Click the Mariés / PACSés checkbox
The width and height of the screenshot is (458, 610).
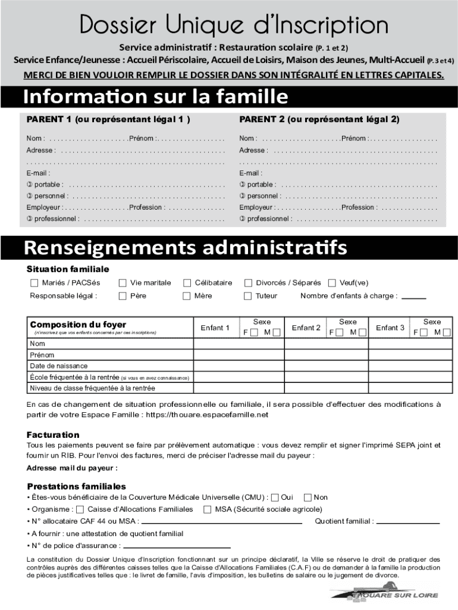tap(34, 283)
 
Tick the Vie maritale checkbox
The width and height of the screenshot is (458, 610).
tap(123, 283)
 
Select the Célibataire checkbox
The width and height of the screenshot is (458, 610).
tap(187, 283)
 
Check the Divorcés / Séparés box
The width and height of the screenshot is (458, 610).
tap(248, 283)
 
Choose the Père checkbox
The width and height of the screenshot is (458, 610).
tap(123, 296)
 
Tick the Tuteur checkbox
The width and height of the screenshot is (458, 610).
tap(248, 296)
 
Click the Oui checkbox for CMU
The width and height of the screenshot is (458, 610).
tap(275, 497)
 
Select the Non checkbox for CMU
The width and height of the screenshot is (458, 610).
tap(308, 497)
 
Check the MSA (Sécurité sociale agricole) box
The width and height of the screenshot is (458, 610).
tap(208, 509)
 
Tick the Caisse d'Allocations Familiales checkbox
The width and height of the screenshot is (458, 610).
tap(80, 509)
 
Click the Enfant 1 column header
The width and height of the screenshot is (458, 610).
tap(215, 328)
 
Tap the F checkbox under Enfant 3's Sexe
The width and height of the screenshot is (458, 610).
tap(423, 332)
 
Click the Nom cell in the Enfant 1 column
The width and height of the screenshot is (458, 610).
tap(239, 344)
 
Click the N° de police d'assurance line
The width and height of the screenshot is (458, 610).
tap(177, 546)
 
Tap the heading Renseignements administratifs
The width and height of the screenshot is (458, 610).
tap(185, 247)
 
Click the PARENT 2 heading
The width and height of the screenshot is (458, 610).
tap(319, 119)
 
